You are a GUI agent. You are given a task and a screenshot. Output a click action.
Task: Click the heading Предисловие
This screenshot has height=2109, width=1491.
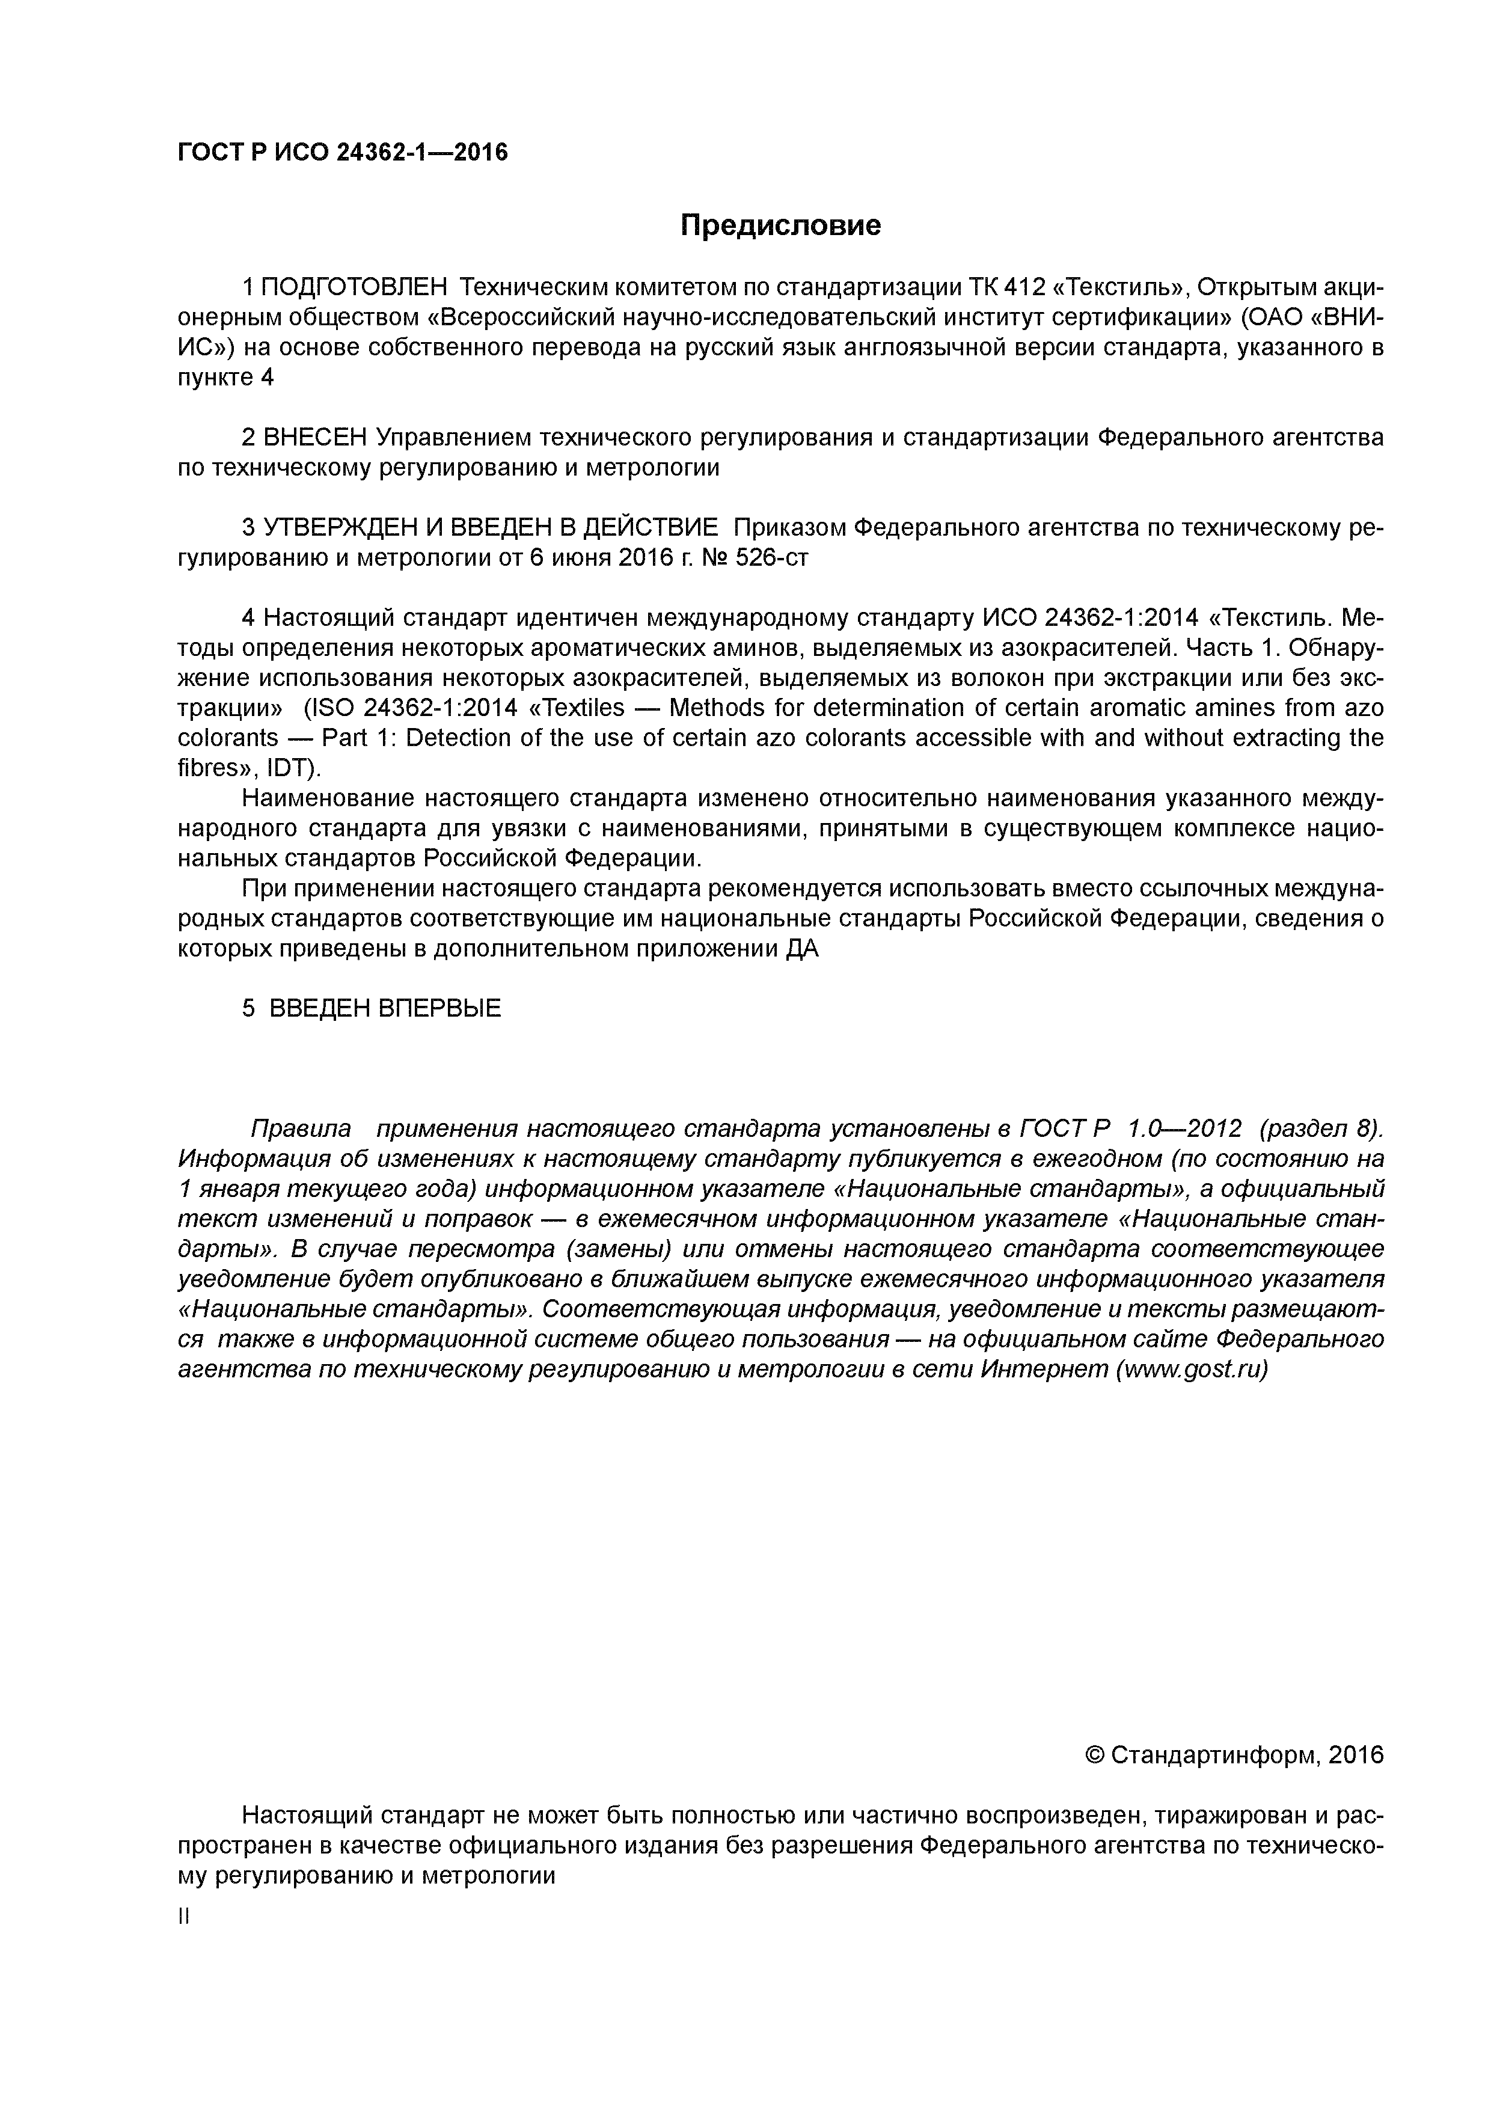[780, 225]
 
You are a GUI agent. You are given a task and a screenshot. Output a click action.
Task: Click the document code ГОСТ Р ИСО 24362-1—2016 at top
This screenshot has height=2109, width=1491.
[341, 153]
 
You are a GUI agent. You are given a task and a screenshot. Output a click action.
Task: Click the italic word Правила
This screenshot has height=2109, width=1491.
[301, 1128]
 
